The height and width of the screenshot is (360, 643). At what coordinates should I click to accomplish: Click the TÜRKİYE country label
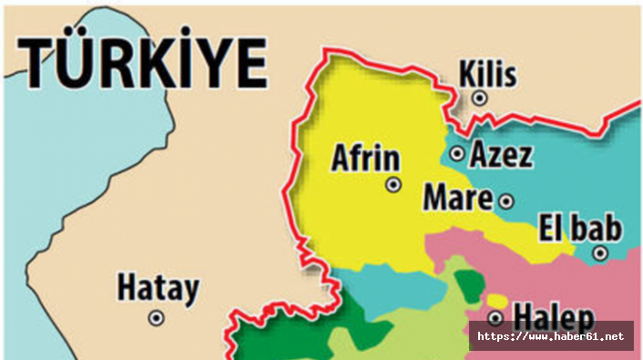point(144,62)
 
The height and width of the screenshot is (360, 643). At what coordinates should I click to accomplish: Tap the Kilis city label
point(488,74)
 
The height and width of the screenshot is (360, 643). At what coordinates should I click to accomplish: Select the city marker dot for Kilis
point(480,98)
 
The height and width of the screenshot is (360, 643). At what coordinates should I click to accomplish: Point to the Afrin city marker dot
point(393,184)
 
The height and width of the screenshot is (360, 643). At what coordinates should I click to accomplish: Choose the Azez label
point(501,155)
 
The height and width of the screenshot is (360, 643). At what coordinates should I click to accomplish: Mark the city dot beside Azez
point(457,154)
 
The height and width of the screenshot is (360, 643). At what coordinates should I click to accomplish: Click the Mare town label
point(458,197)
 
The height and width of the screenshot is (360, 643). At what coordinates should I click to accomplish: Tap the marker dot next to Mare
point(506,201)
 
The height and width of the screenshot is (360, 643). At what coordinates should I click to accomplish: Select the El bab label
point(580,227)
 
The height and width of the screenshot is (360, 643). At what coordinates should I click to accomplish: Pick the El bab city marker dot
point(600,253)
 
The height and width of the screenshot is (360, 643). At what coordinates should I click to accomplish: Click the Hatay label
point(158,289)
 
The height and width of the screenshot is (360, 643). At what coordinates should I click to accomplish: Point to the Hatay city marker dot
point(157,318)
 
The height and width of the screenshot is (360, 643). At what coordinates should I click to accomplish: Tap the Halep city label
point(554,317)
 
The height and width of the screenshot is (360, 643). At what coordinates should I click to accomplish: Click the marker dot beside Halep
point(495,318)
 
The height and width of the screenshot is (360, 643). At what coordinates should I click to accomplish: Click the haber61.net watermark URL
point(551,337)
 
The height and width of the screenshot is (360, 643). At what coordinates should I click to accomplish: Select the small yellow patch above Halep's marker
point(496,300)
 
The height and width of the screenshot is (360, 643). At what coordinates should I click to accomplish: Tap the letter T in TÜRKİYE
point(42,62)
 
